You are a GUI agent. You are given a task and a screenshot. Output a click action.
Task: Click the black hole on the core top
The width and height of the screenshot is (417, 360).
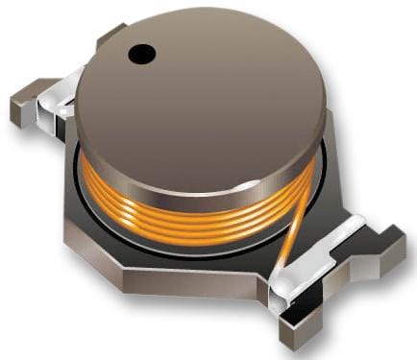141,55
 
